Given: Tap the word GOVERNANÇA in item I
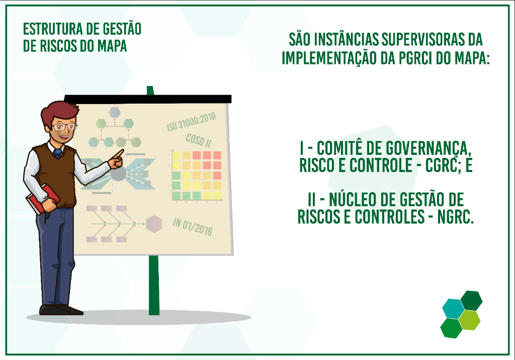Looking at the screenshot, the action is (428, 149).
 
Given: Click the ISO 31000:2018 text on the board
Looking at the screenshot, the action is (191, 122).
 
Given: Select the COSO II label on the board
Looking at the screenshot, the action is (198, 141).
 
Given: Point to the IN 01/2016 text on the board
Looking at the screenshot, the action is (193, 226).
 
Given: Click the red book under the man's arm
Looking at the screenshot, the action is (43, 199).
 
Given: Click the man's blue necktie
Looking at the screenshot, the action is (58, 153).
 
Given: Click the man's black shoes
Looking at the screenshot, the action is (61, 310).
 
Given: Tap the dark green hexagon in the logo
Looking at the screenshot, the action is (471, 300).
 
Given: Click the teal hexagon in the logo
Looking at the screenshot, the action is (453, 309).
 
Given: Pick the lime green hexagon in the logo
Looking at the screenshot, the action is (469, 320).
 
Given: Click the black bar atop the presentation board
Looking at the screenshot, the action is (148, 99).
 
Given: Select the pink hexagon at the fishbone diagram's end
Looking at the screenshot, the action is (154, 224).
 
